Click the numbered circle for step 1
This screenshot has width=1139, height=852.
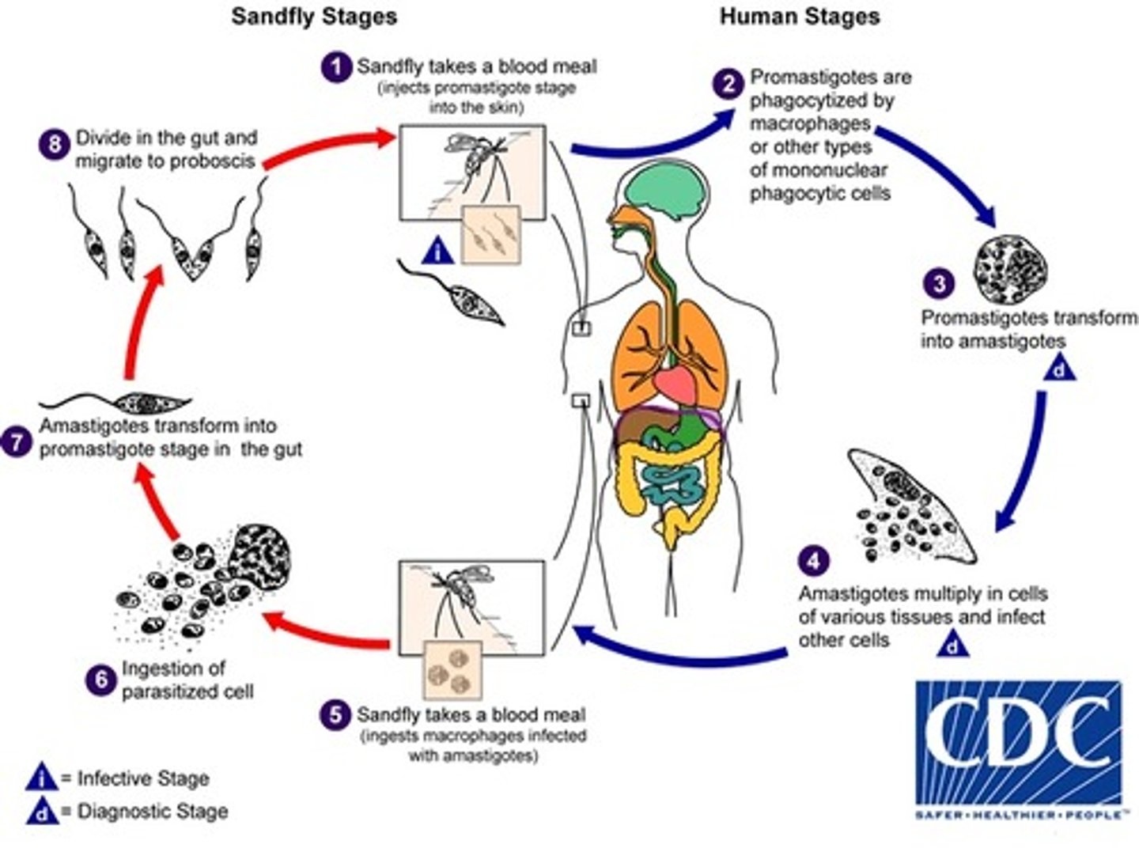(x=337, y=67)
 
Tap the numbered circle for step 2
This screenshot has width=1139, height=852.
(x=728, y=83)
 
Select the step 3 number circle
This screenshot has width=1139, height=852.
(x=939, y=283)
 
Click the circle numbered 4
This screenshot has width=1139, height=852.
(x=814, y=561)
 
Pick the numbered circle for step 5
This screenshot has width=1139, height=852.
(x=336, y=714)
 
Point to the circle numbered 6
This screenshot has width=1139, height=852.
(x=100, y=680)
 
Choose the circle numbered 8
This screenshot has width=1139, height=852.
(x=54, y=145)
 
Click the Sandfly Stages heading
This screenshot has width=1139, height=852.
(x=314, y=17)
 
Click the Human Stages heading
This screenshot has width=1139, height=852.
(x=800, y=17)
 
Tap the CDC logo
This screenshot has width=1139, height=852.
(x=1018, y=748)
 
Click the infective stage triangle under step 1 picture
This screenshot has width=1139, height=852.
(x=439, y=252)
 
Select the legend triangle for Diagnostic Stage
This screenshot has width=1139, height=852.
(x=41, y=812)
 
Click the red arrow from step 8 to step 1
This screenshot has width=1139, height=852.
(x=328, y=146)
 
